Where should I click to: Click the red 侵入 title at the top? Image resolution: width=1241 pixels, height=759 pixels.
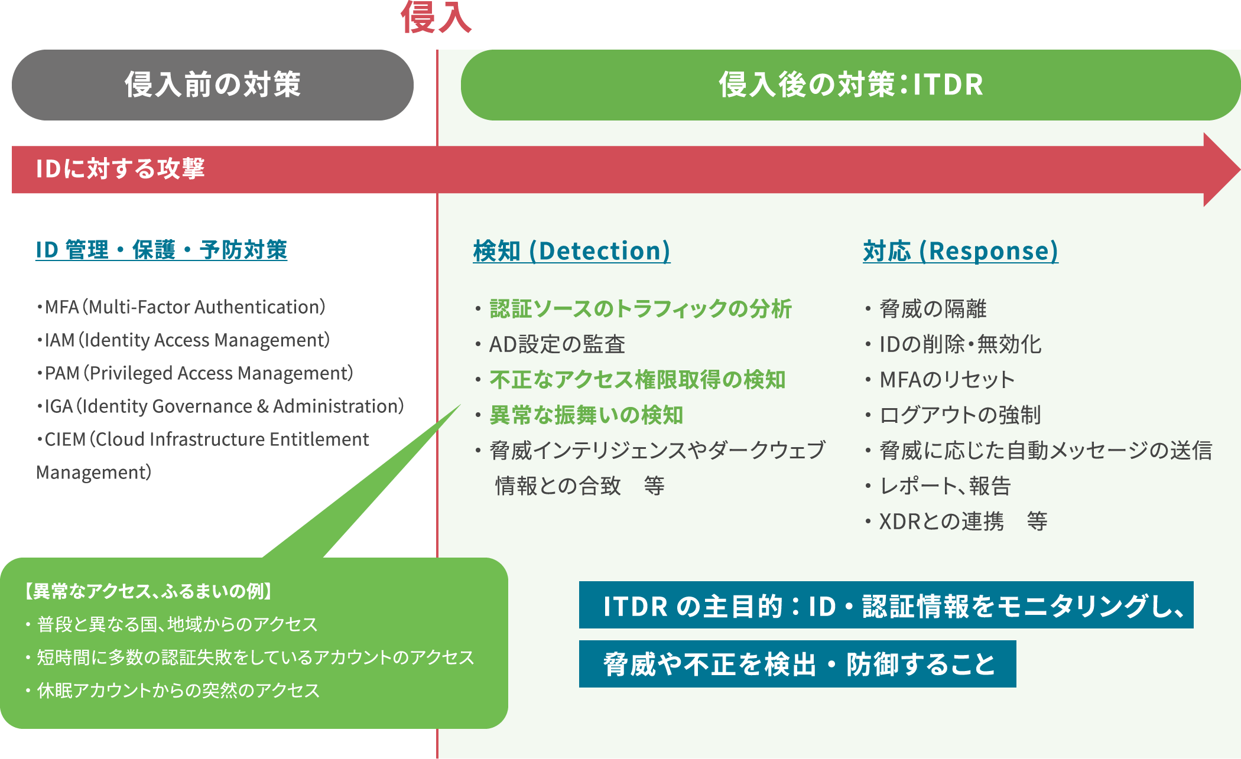[x=436, y=17]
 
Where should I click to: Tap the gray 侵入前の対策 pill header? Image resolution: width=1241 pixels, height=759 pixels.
[x=213, y=85]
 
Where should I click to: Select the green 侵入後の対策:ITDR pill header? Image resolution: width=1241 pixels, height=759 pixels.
[x=850, y=85]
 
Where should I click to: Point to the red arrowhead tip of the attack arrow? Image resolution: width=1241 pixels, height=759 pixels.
[x=1239, y=170]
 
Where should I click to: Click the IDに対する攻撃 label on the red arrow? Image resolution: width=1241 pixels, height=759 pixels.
[x=120, y=169]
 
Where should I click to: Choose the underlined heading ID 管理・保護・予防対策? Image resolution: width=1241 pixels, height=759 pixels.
[x=161, y=250]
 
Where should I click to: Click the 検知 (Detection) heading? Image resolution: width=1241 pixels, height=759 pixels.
[x=571, y=251]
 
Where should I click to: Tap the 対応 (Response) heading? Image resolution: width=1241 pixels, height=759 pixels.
[x=960, y=251]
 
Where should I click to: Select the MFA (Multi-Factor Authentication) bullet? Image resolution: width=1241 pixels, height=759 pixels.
[x=181, y=307]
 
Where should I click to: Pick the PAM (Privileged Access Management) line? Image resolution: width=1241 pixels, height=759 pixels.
[x=194, y=373]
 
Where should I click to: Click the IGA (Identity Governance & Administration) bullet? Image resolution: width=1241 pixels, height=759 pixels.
[x=220, y=406]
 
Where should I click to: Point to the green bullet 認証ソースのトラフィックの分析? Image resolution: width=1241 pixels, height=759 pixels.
[x=641, y=309]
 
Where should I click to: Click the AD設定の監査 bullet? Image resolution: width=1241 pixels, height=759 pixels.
[x=557, y=344]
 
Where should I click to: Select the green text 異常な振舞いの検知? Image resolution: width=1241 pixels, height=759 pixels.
[x=586, y=415]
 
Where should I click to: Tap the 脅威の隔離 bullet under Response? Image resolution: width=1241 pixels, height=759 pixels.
[x=933, y=309]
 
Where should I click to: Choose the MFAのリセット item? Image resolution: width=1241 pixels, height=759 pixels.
[x=947, y=380]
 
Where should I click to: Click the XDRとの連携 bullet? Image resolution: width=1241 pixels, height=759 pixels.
[x=941, y=522]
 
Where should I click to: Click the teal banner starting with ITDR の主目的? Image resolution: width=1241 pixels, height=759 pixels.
[x=886, y=605]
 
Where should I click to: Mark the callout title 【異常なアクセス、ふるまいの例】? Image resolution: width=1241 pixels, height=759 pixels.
[x=148, y=591]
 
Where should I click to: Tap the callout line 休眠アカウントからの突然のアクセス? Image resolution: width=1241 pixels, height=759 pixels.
[x=178, y=690]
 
